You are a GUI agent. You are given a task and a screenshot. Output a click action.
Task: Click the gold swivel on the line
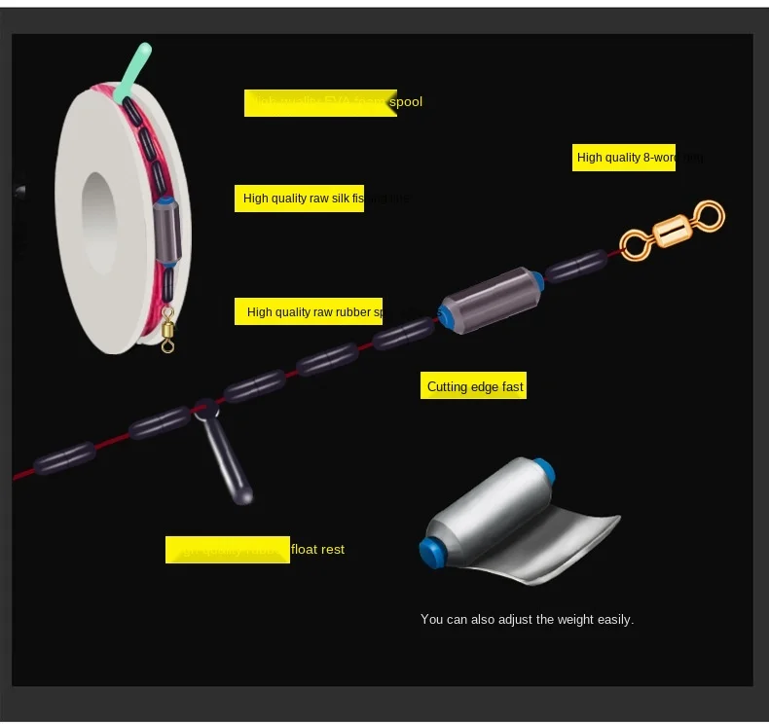(673, 230)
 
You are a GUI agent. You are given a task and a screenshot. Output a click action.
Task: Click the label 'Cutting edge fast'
(474, 386)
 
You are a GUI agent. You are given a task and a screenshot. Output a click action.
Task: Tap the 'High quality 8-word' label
(623, 157)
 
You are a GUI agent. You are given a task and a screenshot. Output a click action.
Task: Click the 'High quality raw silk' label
(299, 199)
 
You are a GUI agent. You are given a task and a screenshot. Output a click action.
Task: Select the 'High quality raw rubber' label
(309, 312)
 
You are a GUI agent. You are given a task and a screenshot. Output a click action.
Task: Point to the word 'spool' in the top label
(406, 101)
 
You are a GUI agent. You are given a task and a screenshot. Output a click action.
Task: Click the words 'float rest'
(317, 549)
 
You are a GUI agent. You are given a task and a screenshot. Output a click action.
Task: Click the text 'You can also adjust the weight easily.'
(527, 619)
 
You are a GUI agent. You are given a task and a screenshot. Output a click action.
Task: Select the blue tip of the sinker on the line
(444, 315)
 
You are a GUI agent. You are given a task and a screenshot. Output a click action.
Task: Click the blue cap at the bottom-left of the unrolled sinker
(428, 551)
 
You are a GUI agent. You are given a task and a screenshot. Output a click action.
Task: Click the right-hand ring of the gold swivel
(709, 215)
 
